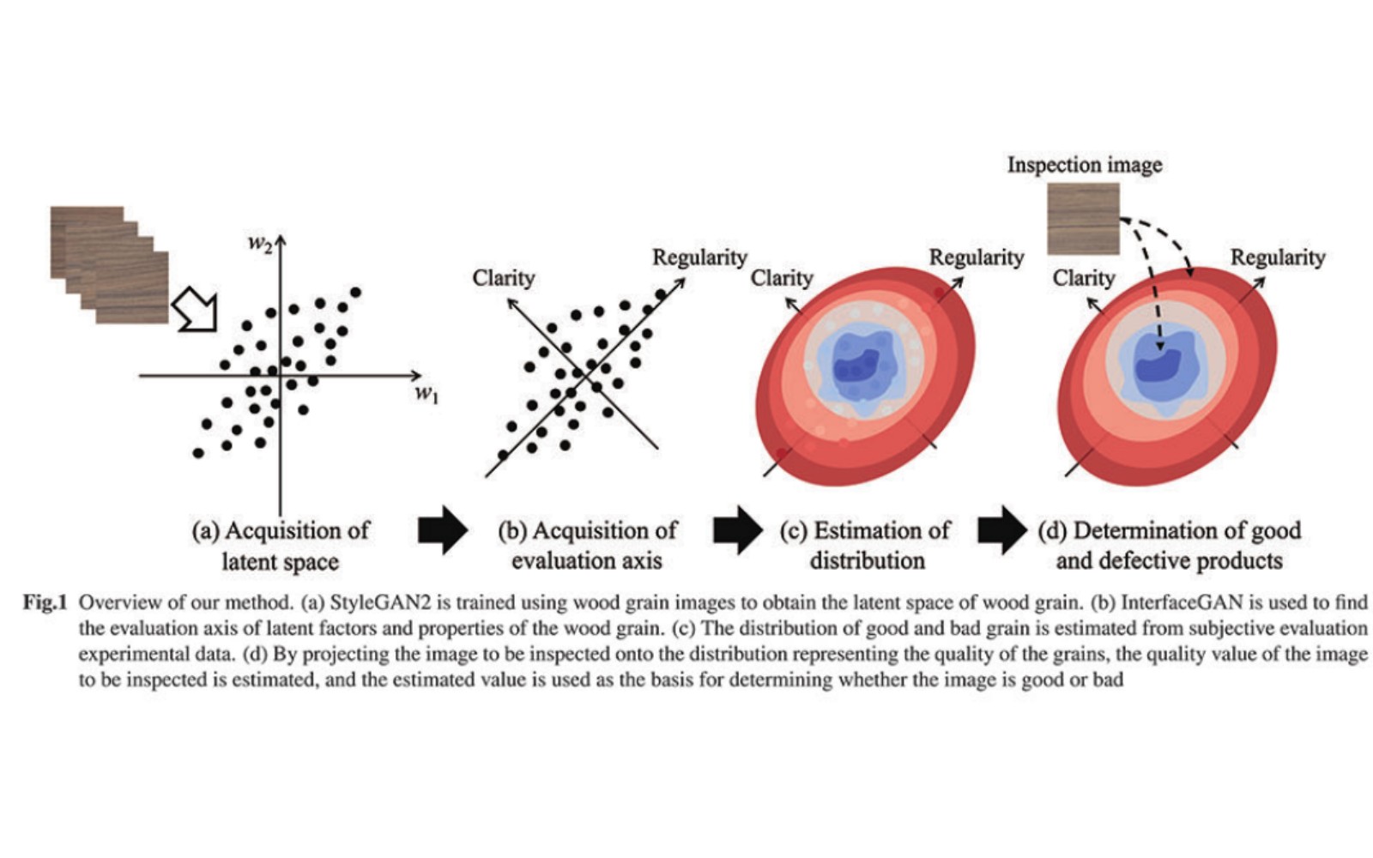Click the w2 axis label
(x=259, y=244)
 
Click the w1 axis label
(x=427, y=394)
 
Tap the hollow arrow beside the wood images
(x=196, y=309)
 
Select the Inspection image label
(x=1085, y=165)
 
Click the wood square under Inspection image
(x=1083, y=219)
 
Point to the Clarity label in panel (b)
(x=503, y=278)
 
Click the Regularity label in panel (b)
(x=699, y=257)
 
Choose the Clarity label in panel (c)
(x=782, y=278)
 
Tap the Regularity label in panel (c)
(x=977, y=257)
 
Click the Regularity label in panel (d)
(x=1278, y=257)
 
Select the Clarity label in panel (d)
(x=1084, y=278)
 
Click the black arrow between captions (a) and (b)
(x=443, y=530)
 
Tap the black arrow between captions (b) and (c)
(x=738, y=530)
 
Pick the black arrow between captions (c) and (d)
(x=1002, y=530)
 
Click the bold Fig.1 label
(x=44, y=602)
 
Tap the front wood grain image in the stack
(x=132, y=287)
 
